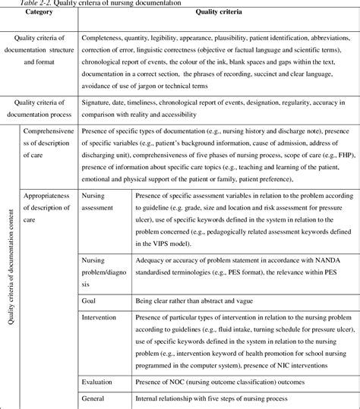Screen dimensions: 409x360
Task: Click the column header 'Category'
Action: [x=39, y=13]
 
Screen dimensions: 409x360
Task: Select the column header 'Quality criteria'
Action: [x=219, y=13]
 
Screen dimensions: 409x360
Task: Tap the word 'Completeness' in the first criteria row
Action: [x=106, y=36]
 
